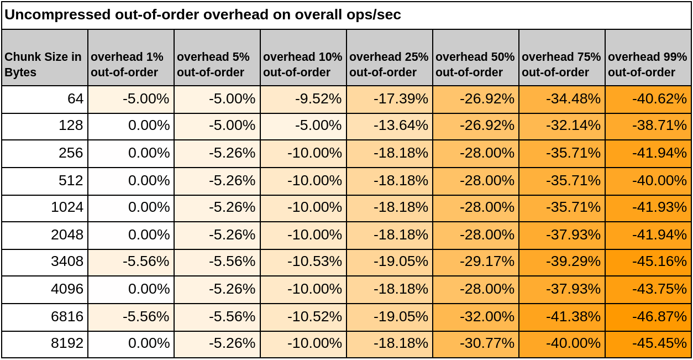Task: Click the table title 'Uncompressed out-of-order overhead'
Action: click(x=202, y=15)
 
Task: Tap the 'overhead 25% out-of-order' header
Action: click(x=389, y=64)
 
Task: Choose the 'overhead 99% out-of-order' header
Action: click(x=647, y=64)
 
